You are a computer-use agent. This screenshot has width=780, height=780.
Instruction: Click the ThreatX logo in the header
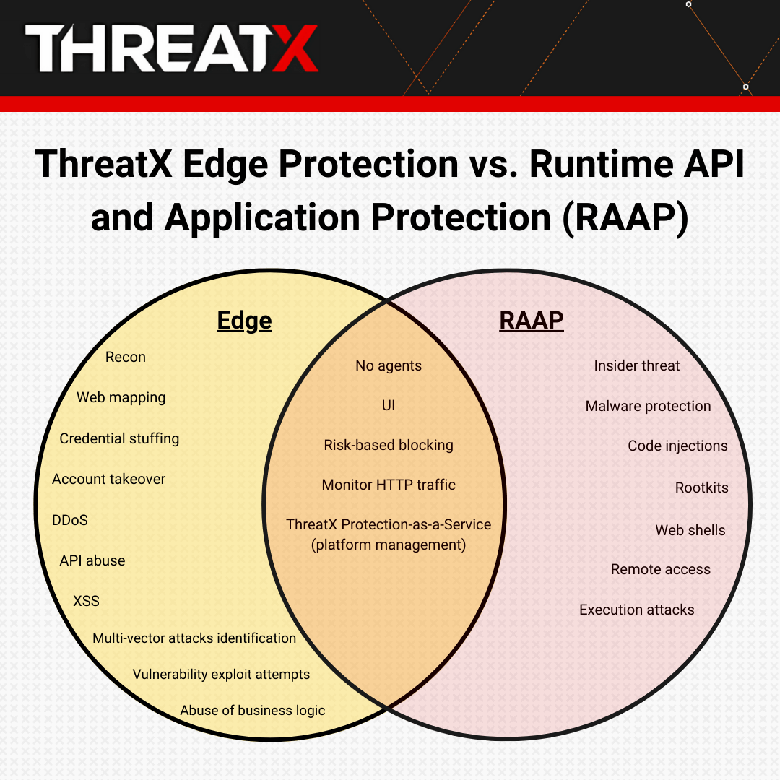[x=172, y=48]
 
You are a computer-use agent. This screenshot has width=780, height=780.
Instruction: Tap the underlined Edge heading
[x=244, y=320]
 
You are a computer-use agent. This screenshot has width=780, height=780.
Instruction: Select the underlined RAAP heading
[x=531, y=320]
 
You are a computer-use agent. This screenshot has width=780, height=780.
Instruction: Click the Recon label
[x=126, y=357]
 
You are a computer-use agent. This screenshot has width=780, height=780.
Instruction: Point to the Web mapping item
[x=121, y=397]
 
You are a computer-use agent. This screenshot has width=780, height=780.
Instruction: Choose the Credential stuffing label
[x=119, y=438]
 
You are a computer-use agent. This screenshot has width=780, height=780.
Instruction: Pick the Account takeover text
[x=109, y=479]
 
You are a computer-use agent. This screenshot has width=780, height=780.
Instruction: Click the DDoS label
[x=70, y=520]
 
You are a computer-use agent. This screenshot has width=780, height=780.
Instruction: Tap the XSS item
[x=86, y=601]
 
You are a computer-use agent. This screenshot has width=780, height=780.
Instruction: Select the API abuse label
[x=92, y=560]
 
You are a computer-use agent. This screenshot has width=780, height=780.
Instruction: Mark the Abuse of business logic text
[x=253, y=710]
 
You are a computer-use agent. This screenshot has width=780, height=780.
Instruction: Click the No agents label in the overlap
[x=389, y=365]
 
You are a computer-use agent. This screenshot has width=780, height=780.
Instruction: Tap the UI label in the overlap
[x=389, y=406]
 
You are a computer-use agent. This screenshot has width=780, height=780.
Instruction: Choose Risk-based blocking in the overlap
[x=389, y=445]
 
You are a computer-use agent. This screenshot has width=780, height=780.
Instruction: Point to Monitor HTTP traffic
[x=389, y=485]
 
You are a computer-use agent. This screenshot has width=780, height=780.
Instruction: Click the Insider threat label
[x=636, y=365]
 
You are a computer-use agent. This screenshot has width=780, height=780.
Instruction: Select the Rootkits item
[x=701, y=487]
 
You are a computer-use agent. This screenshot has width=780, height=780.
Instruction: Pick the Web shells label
[x=690, y=530]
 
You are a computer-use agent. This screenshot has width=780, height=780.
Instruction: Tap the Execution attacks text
[x=636, y=610]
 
